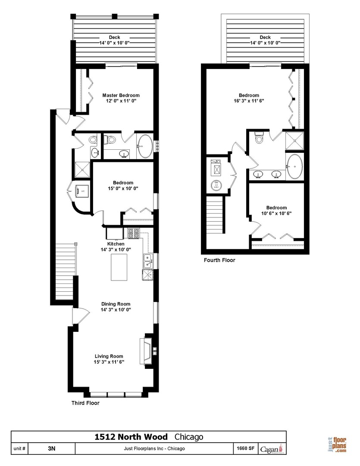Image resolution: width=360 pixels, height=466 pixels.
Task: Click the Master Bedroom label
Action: click(x=121, y=95)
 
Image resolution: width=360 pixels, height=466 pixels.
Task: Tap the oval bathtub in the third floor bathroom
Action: click(x=145, y=147)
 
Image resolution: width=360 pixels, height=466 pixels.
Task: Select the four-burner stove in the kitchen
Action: click(x=133, y=233)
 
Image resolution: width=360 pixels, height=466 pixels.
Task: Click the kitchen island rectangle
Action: click(x=121, y=268)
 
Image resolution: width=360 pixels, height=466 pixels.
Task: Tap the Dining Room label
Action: click(x=116, y=304)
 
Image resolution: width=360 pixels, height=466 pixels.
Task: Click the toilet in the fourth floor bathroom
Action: click(x=259, y=138)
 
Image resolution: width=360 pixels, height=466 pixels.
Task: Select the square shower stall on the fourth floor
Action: click(x=294, y=141)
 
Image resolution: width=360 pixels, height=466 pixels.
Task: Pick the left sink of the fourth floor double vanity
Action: click(x=258, y=174)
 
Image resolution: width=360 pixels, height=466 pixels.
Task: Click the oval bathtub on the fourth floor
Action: click(x=295, y=166)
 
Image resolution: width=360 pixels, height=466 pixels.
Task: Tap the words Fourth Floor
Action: click(x=219, y=260)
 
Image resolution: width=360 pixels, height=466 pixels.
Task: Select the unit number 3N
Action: click(x=52, y=448)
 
